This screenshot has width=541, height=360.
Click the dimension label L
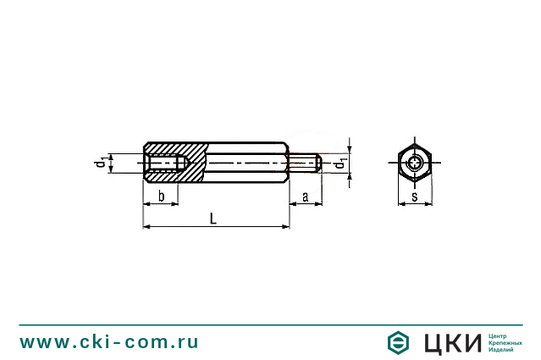[213, 219]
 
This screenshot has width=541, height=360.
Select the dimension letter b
[161, 196]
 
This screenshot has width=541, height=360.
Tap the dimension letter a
[305, 197]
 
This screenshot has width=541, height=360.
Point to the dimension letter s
[414, 197]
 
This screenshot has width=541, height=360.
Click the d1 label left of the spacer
[100, 163]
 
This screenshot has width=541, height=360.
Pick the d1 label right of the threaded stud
[340, 164]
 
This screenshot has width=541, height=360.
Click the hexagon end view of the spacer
[414, 163]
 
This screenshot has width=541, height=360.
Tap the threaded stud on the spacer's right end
[305, 163]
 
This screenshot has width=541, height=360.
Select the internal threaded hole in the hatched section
[166, 163]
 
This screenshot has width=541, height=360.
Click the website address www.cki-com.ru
[109, 341]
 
